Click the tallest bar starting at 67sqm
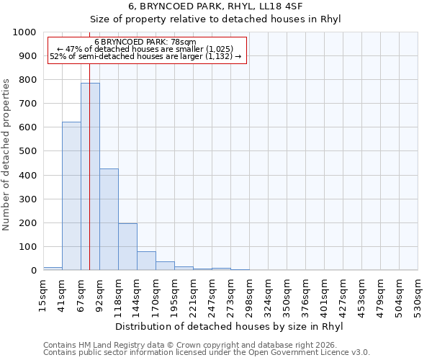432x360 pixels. click(90, 176)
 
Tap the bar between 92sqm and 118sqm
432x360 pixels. click(109, 220)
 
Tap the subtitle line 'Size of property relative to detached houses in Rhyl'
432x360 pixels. click(216, 19)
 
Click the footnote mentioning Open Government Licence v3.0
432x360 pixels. click(207, 353)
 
